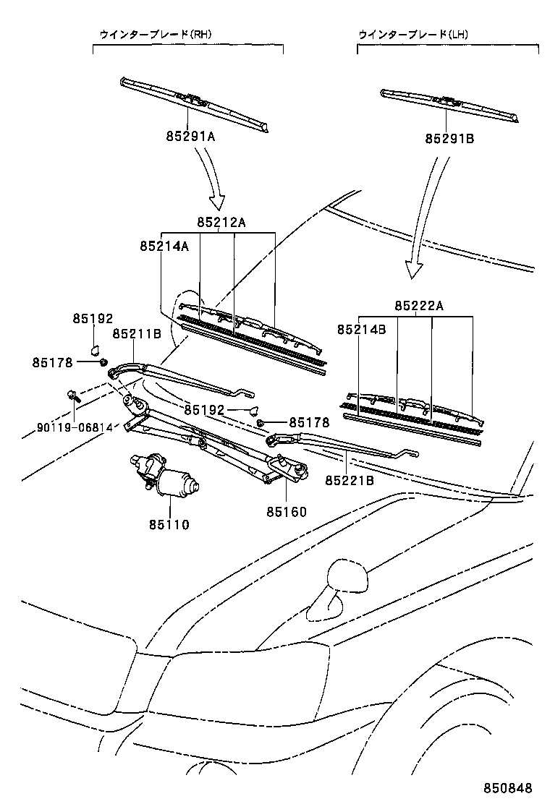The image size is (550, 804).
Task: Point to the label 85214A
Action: click(x=164, y=246)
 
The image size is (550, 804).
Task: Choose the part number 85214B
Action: click(x=361, y=329)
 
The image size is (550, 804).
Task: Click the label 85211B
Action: click(x=136, y=334)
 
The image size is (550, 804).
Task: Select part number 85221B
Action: click(x=349, y=479)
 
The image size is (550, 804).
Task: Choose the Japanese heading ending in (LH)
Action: click(x=413, y=33)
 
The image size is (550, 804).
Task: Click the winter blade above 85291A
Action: click(x=195, y=103)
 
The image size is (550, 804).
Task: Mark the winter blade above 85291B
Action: click(x=449, y=105)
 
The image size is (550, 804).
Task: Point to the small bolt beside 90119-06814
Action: click(x=73, y=396)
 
